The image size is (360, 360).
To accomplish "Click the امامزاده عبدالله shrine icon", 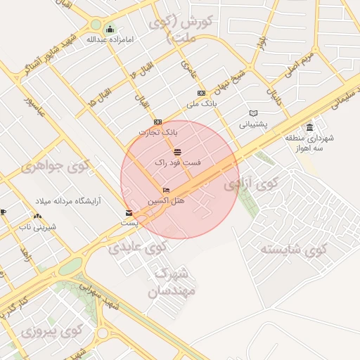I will coord(110,29).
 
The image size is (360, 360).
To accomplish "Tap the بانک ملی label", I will coord(201,104).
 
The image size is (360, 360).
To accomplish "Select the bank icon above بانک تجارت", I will coord(157,122).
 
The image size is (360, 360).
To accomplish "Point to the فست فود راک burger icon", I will coord(176,152).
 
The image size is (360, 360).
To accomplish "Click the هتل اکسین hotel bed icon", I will coord(167,191).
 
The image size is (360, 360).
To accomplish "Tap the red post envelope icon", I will coord(128,212).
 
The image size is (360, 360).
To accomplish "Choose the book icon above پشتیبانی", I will coord(253,113).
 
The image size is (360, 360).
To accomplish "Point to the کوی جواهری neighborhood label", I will coord(57,166).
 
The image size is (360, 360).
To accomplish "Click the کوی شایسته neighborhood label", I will coord(294,249).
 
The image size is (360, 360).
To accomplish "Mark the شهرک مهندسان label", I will coord(172,281).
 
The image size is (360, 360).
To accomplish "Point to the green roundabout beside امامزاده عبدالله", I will coord(96,25).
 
